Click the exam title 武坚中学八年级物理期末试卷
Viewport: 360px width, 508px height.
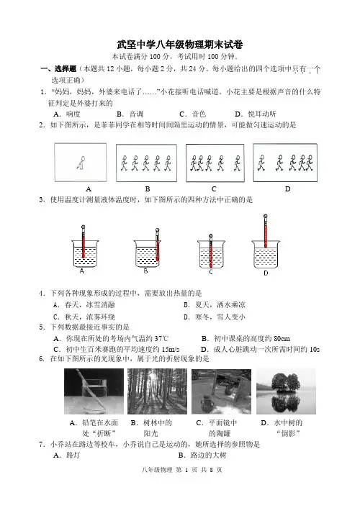pyautogui.click(x=180, y=45)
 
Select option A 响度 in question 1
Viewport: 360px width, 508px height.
pyautogui.click(x=67, y=114)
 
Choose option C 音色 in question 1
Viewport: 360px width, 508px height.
pyautogui.click(x=193, y=114)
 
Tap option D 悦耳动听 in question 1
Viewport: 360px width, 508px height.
pyautogui.click(x=256, y=114)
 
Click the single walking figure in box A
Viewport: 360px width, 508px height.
pyautogui.click(x=81, y=163)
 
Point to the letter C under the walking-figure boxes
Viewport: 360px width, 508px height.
pyautogui.click(x=214, y=189)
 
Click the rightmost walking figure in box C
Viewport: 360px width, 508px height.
pyautogui.click(x=238, y=163)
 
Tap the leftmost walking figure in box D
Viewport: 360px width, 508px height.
pyautogui.click(x=261, y=163)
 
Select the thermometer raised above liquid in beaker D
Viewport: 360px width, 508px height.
pyautogui.click(x=266, y=231)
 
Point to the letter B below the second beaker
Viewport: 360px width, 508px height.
pyautogui.click(x=145, y=271)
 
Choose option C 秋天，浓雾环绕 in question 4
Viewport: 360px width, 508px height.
pyautogui.click(x=84, y=317)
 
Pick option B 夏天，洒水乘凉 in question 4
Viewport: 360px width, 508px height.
pyautogui.click(x=215, y=305)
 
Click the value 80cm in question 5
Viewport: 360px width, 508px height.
pyautogui.click(x=282, y=339)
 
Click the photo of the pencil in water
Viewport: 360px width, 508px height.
pyautogui.click(x=94, y=391)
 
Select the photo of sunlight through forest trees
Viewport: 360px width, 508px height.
pyautogui.click(x=157, y=391)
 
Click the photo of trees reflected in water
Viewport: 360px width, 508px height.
pyautogui.click(x=286, y=391)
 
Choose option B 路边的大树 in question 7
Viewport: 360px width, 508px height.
pyautogui.click(x=202, y=455)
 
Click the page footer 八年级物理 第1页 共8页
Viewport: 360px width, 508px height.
pyautogui.click(x=182, y=470)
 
